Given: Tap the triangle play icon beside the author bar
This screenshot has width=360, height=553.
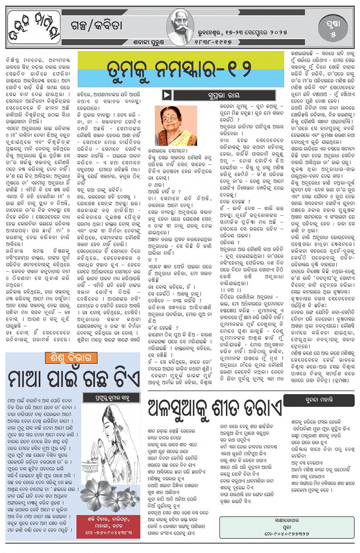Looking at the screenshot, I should pyautogui.click(x=167, y=95).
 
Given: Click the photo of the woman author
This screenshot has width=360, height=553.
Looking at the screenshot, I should pyautogui.click(x=176, y=126).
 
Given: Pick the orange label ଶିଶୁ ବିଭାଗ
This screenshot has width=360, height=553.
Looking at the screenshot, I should pyautogui.click(x=71, y=358).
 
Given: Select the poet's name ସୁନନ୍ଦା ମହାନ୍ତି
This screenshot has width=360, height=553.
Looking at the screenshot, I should pyautogui.click(x=319, y=400).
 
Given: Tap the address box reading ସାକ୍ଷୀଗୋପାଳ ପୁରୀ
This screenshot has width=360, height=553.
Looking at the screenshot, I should pyautogui.click(x=286, y=526).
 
